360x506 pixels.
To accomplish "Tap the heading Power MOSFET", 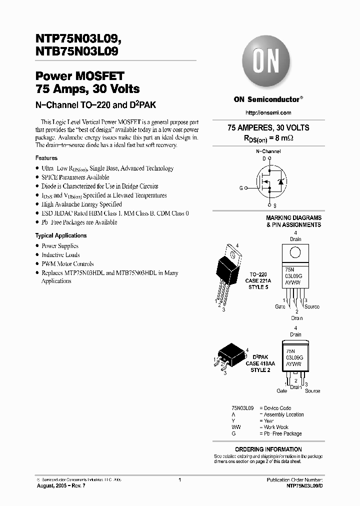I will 79,77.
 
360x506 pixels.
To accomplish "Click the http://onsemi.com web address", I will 268,113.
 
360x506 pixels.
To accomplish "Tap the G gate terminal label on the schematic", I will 241,188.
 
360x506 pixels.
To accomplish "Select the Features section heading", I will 46,158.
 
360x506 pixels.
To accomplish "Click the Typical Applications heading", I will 61,235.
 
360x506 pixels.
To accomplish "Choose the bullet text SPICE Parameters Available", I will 75,177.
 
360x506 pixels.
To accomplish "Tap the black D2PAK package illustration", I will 228,356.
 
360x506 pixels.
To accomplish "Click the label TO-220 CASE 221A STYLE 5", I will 258,281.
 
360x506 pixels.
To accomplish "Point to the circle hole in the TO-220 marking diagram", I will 295,250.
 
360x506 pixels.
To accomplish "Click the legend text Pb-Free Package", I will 283,434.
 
